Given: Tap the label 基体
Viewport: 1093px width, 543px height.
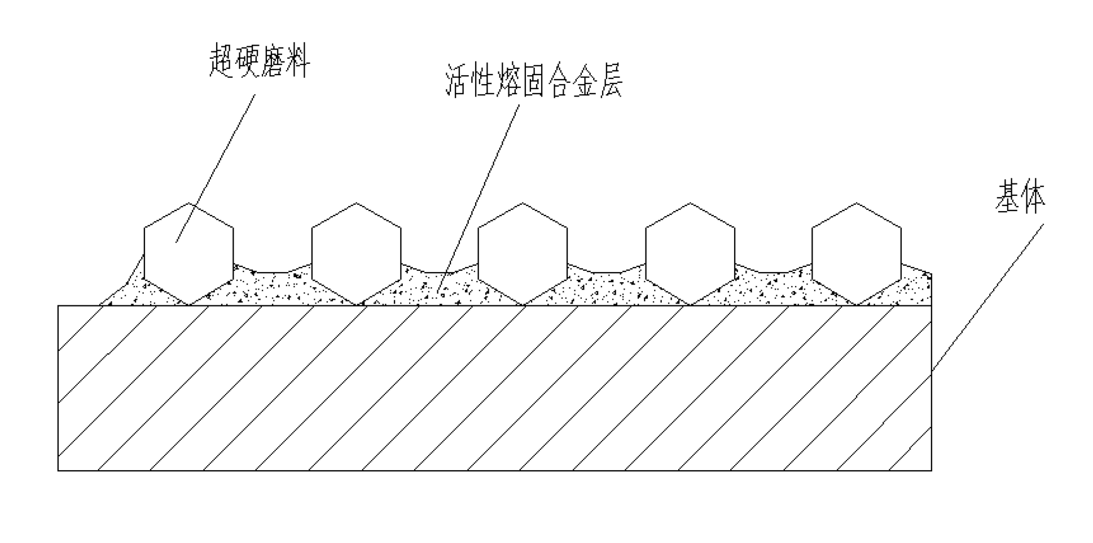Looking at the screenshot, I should [1020, 197].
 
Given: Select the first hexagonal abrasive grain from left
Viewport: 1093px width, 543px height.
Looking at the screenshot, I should [188, 254].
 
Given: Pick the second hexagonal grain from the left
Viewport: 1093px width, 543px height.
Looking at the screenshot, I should [356, 254].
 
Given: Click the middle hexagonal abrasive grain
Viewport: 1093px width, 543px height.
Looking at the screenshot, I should [523, 254].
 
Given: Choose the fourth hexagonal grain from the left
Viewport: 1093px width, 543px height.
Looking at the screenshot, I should [690, 254].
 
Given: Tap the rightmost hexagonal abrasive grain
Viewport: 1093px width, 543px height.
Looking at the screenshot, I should [856, 254].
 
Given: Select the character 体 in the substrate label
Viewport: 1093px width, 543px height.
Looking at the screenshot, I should [1033, 197].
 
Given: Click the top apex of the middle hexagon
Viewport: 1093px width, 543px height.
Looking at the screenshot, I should [523, 204].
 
